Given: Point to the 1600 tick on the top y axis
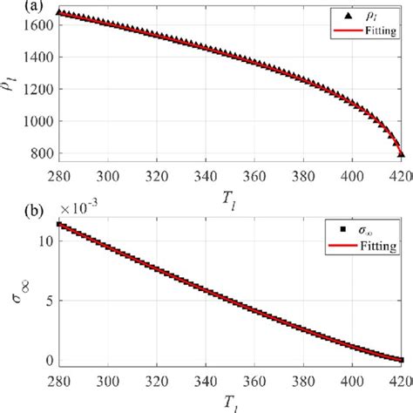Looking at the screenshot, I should click(38, 25).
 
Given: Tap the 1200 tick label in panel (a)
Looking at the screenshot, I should click(38, 90).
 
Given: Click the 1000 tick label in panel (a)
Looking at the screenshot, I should click(38, 122).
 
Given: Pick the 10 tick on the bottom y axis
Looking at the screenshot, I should click(45, 239).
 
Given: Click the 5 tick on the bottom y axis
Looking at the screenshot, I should click(49, 300).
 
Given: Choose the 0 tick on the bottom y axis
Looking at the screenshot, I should click(49, 360).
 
